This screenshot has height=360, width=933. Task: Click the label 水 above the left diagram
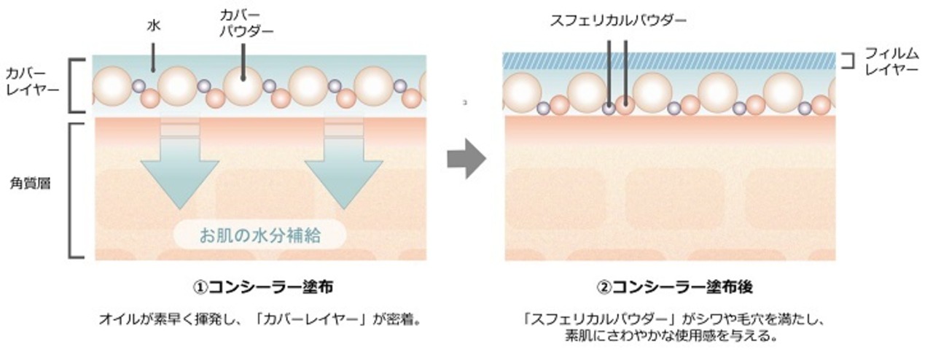tap(153, 26)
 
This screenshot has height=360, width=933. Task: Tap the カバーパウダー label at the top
tap(243, 23)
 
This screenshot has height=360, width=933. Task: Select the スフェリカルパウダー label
tap(618, 20)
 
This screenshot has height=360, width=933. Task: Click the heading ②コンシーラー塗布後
tap(669, 288)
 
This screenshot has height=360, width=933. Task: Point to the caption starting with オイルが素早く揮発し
tap(260, 320)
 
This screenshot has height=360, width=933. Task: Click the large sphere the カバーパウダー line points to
tap(243, 85)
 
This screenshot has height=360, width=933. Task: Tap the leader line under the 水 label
tap(153, 54)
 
